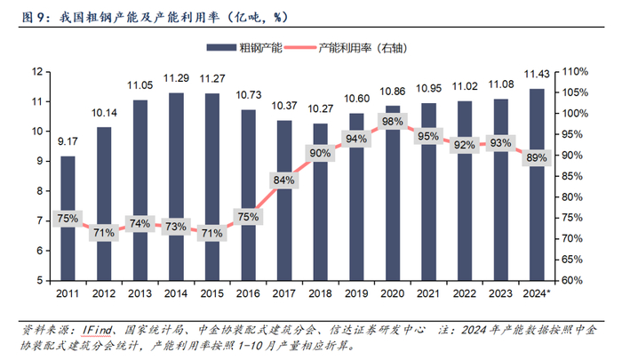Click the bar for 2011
click(x=68, y=217)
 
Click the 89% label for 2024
click(x=537, y=156)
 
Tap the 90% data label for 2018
click(x=321, y=152)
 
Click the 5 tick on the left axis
click(x=40, y=279)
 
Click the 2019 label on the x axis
click(x=356, y=292)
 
